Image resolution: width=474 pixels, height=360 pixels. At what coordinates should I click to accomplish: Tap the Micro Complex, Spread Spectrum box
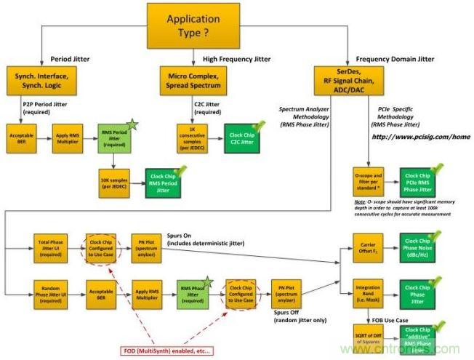(x=194, y=79)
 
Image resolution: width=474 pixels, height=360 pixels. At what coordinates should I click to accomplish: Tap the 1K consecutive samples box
(x=193, y=137)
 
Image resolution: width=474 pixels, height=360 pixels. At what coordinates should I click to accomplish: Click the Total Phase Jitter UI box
(x=47, y=246)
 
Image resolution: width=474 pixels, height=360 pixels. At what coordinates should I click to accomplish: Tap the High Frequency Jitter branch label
(x=231, y=58)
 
